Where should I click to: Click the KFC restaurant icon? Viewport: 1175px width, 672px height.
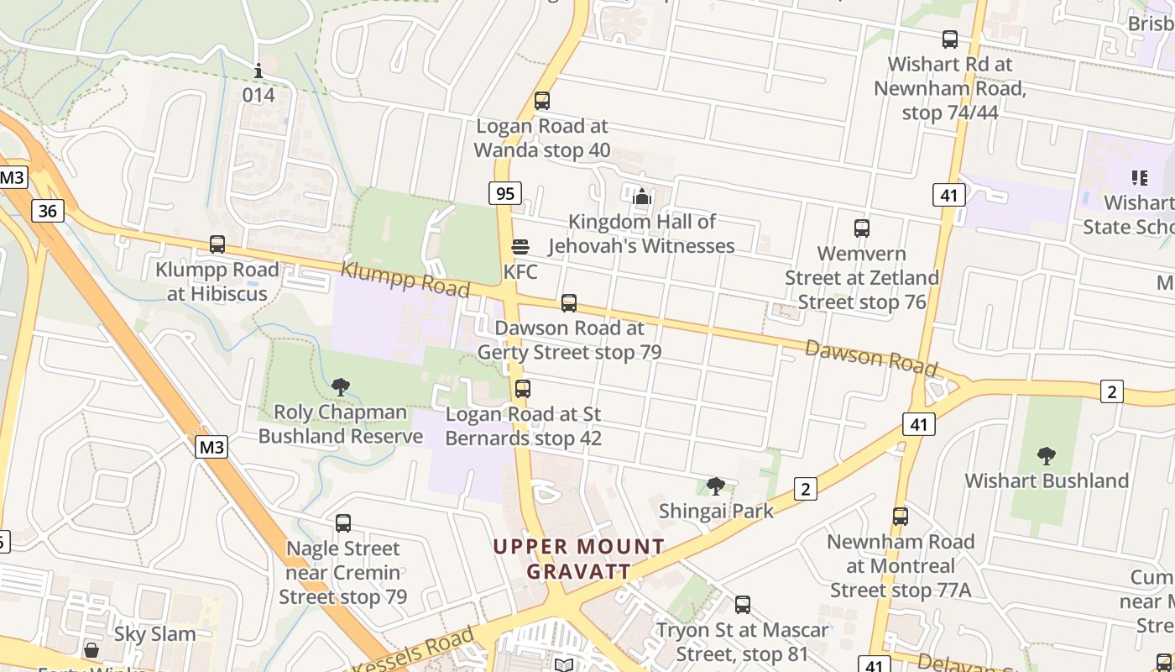(x=520, y=247)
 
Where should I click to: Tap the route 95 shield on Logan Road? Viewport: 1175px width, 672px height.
(x=504, y=194)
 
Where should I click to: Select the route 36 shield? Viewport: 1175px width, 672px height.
(x=47, y=210)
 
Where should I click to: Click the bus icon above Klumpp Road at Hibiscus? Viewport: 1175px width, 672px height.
(x=217, y=244)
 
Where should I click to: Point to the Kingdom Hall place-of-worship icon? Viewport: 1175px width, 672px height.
(x=642, y=197)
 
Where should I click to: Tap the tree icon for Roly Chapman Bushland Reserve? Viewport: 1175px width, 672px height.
(x=341, y=387)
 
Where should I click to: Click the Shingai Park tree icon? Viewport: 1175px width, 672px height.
(x=716, y=486)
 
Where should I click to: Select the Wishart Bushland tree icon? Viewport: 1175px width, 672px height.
(x=1046, y=456)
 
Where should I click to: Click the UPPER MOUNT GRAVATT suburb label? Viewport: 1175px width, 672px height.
(x=578, y=559)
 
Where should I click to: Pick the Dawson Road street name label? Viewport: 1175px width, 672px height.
(x=870, y=357)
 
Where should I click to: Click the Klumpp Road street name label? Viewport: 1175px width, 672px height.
(x=405, y=279)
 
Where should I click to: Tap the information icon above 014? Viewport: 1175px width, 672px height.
(x=258, y=71)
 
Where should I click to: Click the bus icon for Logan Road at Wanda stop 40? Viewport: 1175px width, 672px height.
(x=542, y=101)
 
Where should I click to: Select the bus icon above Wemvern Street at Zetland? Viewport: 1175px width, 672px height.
(x=861, y=228)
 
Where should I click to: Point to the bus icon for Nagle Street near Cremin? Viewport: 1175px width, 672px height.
(x=342, y=523)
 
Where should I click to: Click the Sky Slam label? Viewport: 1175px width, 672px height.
(x=154, y=634)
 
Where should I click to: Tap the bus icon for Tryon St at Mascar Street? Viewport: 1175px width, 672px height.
(x=742, y=604)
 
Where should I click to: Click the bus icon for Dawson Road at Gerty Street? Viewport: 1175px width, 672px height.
(x=569, y=302)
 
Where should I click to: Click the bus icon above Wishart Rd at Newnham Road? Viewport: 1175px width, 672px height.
(x=949, y=39)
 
